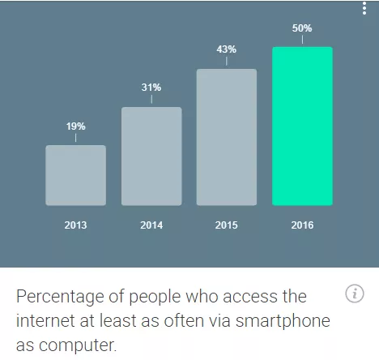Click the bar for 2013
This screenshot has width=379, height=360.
click(x=75, y=175)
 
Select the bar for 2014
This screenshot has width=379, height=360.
click(x=151, y=156)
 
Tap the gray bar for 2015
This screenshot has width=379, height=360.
click(x=227, y=137)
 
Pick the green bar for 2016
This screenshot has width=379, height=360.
click(x=302, y=126)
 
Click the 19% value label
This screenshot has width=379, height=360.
click(x=76, y=126)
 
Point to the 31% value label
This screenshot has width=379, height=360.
click(x=151, y=88)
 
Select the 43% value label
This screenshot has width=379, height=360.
click(x=226, y=49)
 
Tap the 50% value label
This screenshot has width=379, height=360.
click(x=302, y=28)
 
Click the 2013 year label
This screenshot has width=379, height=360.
click(x=75, y=225)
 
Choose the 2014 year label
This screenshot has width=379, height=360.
click(x=151, y=225)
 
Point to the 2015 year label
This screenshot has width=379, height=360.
click(x=226, y=225)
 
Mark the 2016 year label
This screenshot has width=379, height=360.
click(x=302, y=225)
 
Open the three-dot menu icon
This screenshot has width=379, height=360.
click(x=364, y=8)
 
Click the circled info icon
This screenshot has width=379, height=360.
click(x=355, y=294)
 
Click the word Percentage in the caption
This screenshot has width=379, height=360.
click(x=60, y=297)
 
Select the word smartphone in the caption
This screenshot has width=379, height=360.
click(x=283, y=321)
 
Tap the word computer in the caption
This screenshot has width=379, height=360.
click(x=78, y=345)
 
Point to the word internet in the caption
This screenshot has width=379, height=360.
click(x=46, y=320)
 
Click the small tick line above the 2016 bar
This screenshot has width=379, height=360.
click(x=302, y=40)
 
